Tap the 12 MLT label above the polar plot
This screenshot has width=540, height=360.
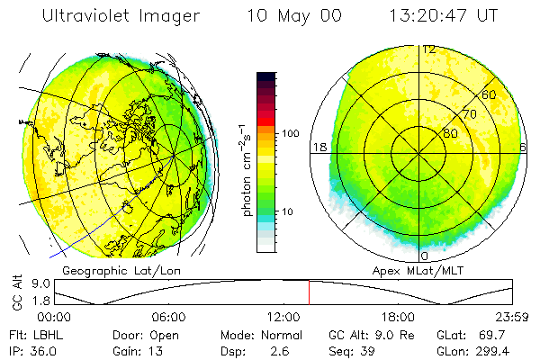click(430, 49)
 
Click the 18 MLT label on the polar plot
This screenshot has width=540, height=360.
click(318, 147)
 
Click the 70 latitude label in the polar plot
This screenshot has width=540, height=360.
click(469, 114)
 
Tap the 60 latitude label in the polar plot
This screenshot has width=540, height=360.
click(490, 94)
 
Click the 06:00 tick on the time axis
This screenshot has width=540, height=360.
click(168, 317)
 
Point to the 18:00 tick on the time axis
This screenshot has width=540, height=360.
click(398, 317)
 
